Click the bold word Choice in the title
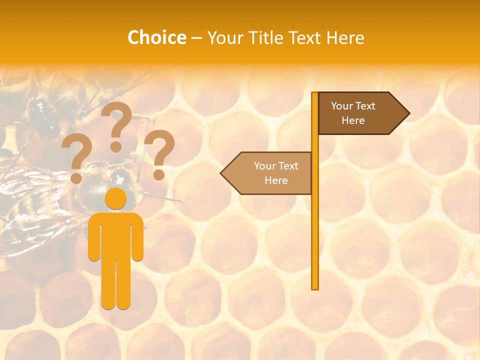pos(156,37)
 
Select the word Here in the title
pos(345,37)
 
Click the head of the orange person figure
pos(116,198)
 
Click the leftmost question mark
pos(76,159)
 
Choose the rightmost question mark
pos(159,154)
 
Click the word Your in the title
pos(224,37)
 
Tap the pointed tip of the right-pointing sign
pos(408,113)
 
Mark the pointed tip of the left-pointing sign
pos(222,173)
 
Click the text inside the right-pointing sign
pos(353,113)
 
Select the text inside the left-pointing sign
pos(276,173)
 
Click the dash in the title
pos(196,38)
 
